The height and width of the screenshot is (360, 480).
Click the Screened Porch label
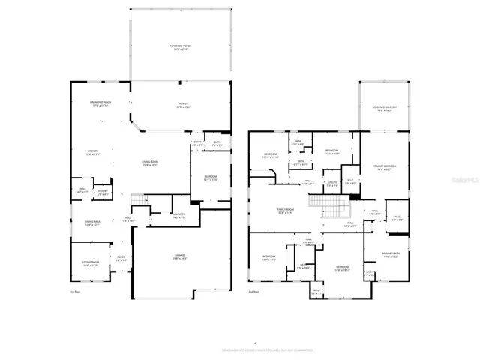point(180,47)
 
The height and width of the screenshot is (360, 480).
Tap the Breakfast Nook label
point(100,103)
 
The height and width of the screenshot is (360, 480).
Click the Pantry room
point(102,192)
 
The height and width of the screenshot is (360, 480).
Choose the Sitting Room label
point(90,263)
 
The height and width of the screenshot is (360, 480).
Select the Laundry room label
point(178,215)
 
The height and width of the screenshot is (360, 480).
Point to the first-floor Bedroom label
point(211,178)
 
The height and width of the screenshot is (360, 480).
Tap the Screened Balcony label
point(384,108)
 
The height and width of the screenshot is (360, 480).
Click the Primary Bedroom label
point(385,166)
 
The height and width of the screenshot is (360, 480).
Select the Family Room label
point(285,211)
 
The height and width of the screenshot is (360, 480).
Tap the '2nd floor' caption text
point(254,291)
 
